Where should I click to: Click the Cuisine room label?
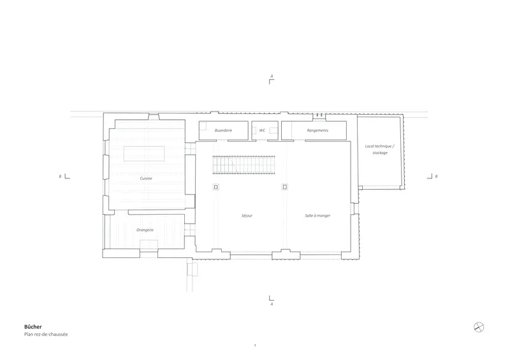[146, 178]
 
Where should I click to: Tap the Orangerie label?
[145, 230]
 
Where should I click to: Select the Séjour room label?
[247, 215]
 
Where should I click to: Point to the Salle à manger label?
[317, 215]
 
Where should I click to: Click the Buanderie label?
[224, 131]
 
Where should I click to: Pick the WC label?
[262, 131]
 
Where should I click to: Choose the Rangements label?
[317, 131]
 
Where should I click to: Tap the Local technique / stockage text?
[379, 149]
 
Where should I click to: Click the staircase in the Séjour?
[244, 165]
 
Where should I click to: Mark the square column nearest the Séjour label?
[216, 187]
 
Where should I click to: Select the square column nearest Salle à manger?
[285, 187]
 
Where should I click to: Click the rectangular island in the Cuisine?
[144, 154]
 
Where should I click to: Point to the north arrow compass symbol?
[479, 327]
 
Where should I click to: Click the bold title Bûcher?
[33, 327]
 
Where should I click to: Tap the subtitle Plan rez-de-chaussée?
[46, 335]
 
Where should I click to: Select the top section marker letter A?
[272, 76]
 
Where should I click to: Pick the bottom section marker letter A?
[272, 304]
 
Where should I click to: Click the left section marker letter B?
[60, 176]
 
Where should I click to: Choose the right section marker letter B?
[436, 176]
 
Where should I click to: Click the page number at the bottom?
[255, 345]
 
